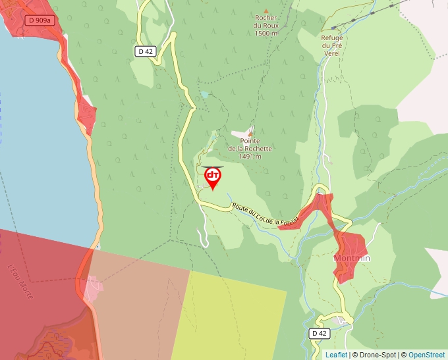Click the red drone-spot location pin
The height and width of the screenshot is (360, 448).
tap(213, 177)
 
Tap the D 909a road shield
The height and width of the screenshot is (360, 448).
tap(40, 20)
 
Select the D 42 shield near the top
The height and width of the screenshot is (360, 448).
tap(146, 51)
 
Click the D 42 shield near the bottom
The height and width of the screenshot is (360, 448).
tap(319, 334)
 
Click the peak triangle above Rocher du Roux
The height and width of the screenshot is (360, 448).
tap(266, 11)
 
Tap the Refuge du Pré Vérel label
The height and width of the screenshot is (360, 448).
tap(332, 45)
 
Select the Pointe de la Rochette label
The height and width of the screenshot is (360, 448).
tap(250, 145)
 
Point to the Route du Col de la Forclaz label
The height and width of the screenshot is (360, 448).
tap(266, 215)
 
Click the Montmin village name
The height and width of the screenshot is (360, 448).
tap(352, 258)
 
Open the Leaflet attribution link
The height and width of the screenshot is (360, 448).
tap(336, 355)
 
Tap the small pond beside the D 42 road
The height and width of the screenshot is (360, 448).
tap(205, 95)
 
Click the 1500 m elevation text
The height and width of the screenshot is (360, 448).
tap(266, 33)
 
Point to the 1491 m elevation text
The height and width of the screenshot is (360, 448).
tap(250, 157)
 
